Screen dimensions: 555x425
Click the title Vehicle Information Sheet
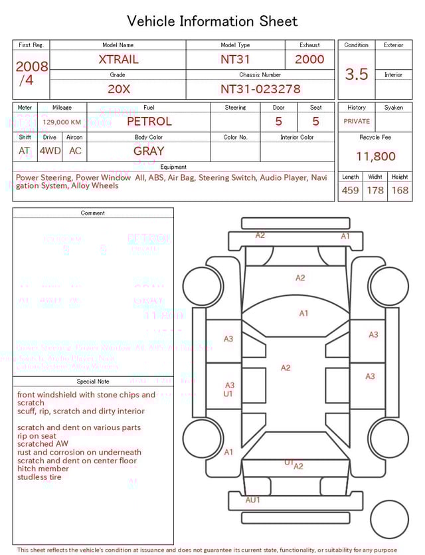pyautogui.click(x=212, y=21)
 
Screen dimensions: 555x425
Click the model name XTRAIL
pyautogui.click(x=118, y=59)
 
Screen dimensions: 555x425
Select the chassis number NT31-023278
pyautogui.click(x=260, y=88)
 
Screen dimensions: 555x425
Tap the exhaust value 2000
pyautogui.click(x=309, y=59)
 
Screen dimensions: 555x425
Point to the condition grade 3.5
pyautogui.click(x=357, y=74)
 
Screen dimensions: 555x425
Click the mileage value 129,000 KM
pyautogui.click(x=62, y=122)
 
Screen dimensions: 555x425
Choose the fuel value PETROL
pyautogui.click(x=149, y=122)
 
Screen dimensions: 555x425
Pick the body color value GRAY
pyautogui.click(x=149, y=151)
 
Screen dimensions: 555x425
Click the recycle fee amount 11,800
pyautogui.click(x=375, y=157)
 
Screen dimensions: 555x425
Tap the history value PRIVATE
pyautogui.click(x=357, y=122)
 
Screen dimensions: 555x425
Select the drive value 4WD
pyautogui.click(x=50, y=151)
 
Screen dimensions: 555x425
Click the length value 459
pyautogui.click(x=350, y=191)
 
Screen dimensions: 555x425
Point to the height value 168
pyautogui.click(x=400, y=191)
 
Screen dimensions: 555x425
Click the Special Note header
pyautogui.click(x=93, y=382)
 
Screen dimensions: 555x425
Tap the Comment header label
pyautogui.click(x=93, y=213)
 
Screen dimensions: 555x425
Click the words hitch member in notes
pyautogui.click(x=43, y=469)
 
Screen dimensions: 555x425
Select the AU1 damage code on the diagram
pyautogui.click(x=253, y=500)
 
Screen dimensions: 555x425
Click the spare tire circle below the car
pyautogui.click(x=389, y=520)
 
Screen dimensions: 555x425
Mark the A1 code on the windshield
pyautogui.click(x=303, y=313)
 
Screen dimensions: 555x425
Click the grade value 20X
pyautogui.click(x=118, y=88)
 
